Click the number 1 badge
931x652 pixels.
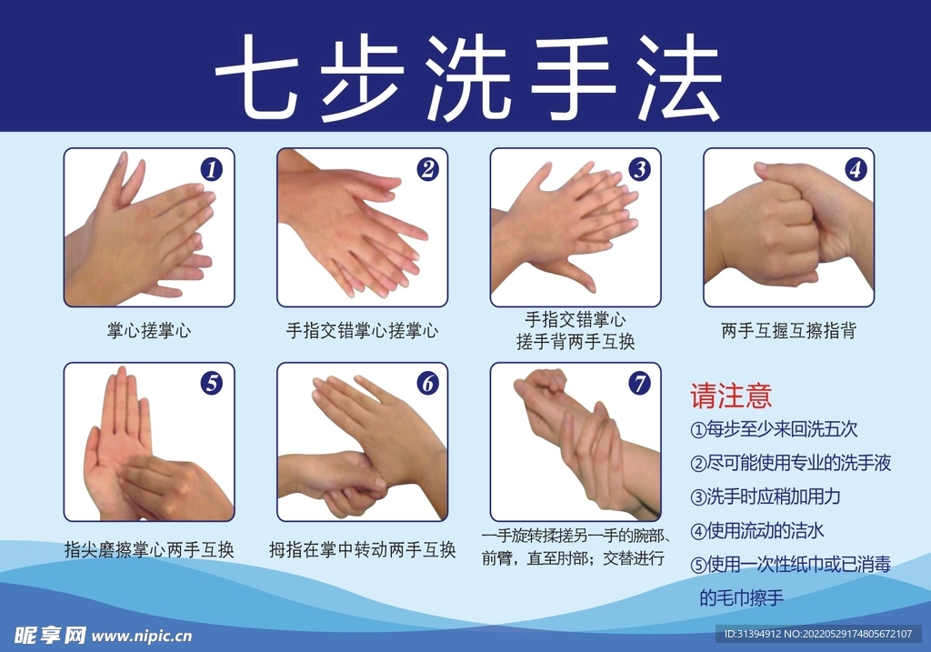click(212, 169)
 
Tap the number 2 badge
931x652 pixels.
click(428, 169)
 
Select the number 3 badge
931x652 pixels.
click(641, 169)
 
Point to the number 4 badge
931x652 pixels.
click(855, 169)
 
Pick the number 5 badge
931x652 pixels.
click(212, 384)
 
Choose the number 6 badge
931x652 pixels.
click(428, 384)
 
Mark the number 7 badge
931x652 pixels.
click(641, 384)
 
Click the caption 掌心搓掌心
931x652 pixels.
click(149, 331)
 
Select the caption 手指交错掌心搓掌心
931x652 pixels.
click(362, 331)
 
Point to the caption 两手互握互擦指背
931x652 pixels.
click(788, 331)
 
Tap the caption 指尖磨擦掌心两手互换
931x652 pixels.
click(149, 550)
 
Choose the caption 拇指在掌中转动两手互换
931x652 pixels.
click(362, 550)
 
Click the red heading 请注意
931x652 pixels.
click(731, 396)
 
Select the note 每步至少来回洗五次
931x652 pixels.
click(775, 428)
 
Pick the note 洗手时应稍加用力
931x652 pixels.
click(766, 497)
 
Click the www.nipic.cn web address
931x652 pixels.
click(143, 636)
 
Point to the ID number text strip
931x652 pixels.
click(819, 634)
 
